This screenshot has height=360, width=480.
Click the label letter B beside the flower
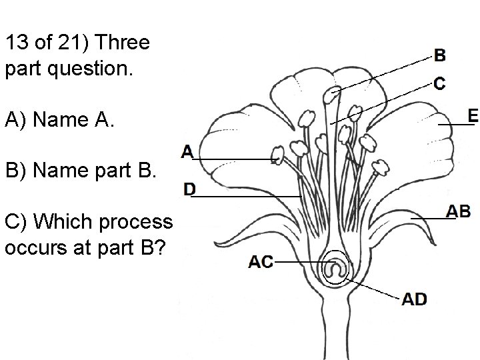[441, 55]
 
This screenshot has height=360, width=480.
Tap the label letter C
[440, 83]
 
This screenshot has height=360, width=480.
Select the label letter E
[472, 115]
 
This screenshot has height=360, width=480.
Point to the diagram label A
[187, 152]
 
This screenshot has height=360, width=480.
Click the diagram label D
[190, 190]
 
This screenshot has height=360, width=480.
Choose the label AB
[458, 211]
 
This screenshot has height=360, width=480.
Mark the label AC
[261, 262]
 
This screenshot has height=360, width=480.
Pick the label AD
[415, 299]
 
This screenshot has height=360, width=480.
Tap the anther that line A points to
[278, 155]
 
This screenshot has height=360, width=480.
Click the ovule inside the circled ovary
[335, 269]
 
